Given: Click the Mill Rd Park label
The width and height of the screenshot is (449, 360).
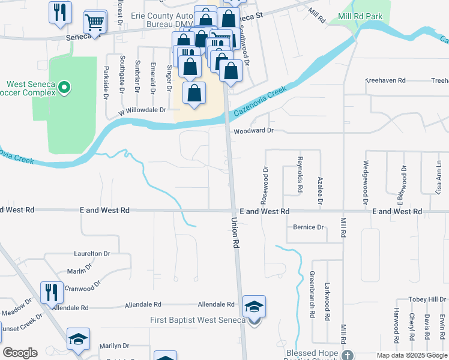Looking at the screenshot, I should (x=361, y=16).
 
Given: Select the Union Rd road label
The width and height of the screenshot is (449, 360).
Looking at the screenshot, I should (x=236, y=233).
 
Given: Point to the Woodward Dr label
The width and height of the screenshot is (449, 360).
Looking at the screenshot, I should (x=253, y=130).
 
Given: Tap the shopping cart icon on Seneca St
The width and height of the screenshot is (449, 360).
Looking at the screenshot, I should (x=95, y=23).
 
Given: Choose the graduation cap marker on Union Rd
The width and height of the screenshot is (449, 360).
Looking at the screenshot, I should (x=254, y=307).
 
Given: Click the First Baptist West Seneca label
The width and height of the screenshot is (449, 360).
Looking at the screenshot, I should (x=197, y=320).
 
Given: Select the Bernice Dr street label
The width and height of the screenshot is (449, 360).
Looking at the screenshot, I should (x=309, y=227).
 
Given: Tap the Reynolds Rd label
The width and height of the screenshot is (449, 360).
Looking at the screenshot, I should (x=300, y=175).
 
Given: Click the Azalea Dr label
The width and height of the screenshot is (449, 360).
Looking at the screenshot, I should (x=320, y=191).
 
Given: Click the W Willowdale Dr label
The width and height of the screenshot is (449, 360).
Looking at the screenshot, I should (x=142, y=110).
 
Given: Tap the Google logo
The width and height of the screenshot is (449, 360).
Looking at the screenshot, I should (x=20, y=353).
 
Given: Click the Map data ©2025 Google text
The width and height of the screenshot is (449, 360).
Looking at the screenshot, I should (x=412, y=355).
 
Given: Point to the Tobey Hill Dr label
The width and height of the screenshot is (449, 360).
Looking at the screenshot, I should (x=427, y=299).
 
